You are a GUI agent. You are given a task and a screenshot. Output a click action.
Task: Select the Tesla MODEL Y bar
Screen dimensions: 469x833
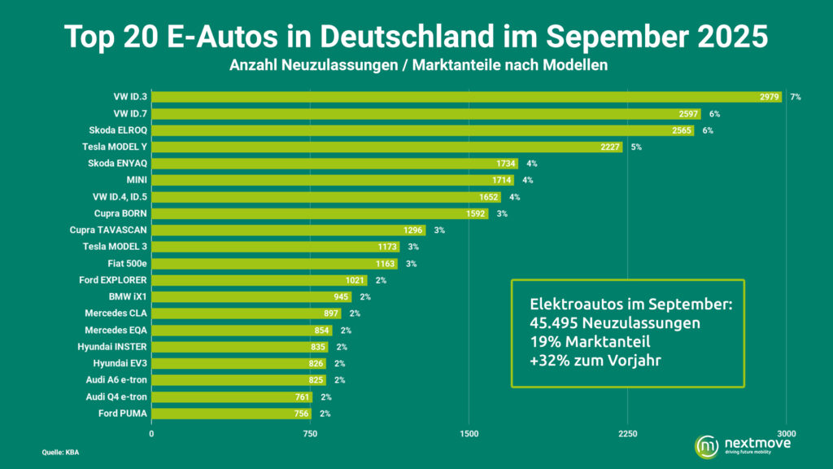coord(387,147)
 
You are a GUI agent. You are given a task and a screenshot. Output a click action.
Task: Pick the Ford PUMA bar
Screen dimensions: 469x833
coord(232,414)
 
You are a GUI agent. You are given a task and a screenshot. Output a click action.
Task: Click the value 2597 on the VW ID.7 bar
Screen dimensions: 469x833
coord(688,114)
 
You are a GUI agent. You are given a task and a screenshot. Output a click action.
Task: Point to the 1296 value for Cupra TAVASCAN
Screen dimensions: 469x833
coord(413,230)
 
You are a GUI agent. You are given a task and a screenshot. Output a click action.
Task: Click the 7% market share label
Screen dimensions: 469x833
coord(795,97)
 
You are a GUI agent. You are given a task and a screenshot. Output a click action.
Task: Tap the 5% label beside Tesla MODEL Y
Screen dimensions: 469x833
coord(636,147)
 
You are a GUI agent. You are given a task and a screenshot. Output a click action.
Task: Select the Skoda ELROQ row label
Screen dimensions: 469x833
coord(118,130)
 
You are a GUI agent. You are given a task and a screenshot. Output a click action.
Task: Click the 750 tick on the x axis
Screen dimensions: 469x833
coord(310,434)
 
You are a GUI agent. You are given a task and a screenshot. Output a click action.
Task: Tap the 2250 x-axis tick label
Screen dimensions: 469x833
coord(627,434)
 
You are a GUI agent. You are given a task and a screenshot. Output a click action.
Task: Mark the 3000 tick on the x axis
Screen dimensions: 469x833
coord(786,434)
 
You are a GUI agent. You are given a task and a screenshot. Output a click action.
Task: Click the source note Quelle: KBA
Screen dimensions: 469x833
coord(60,452)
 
